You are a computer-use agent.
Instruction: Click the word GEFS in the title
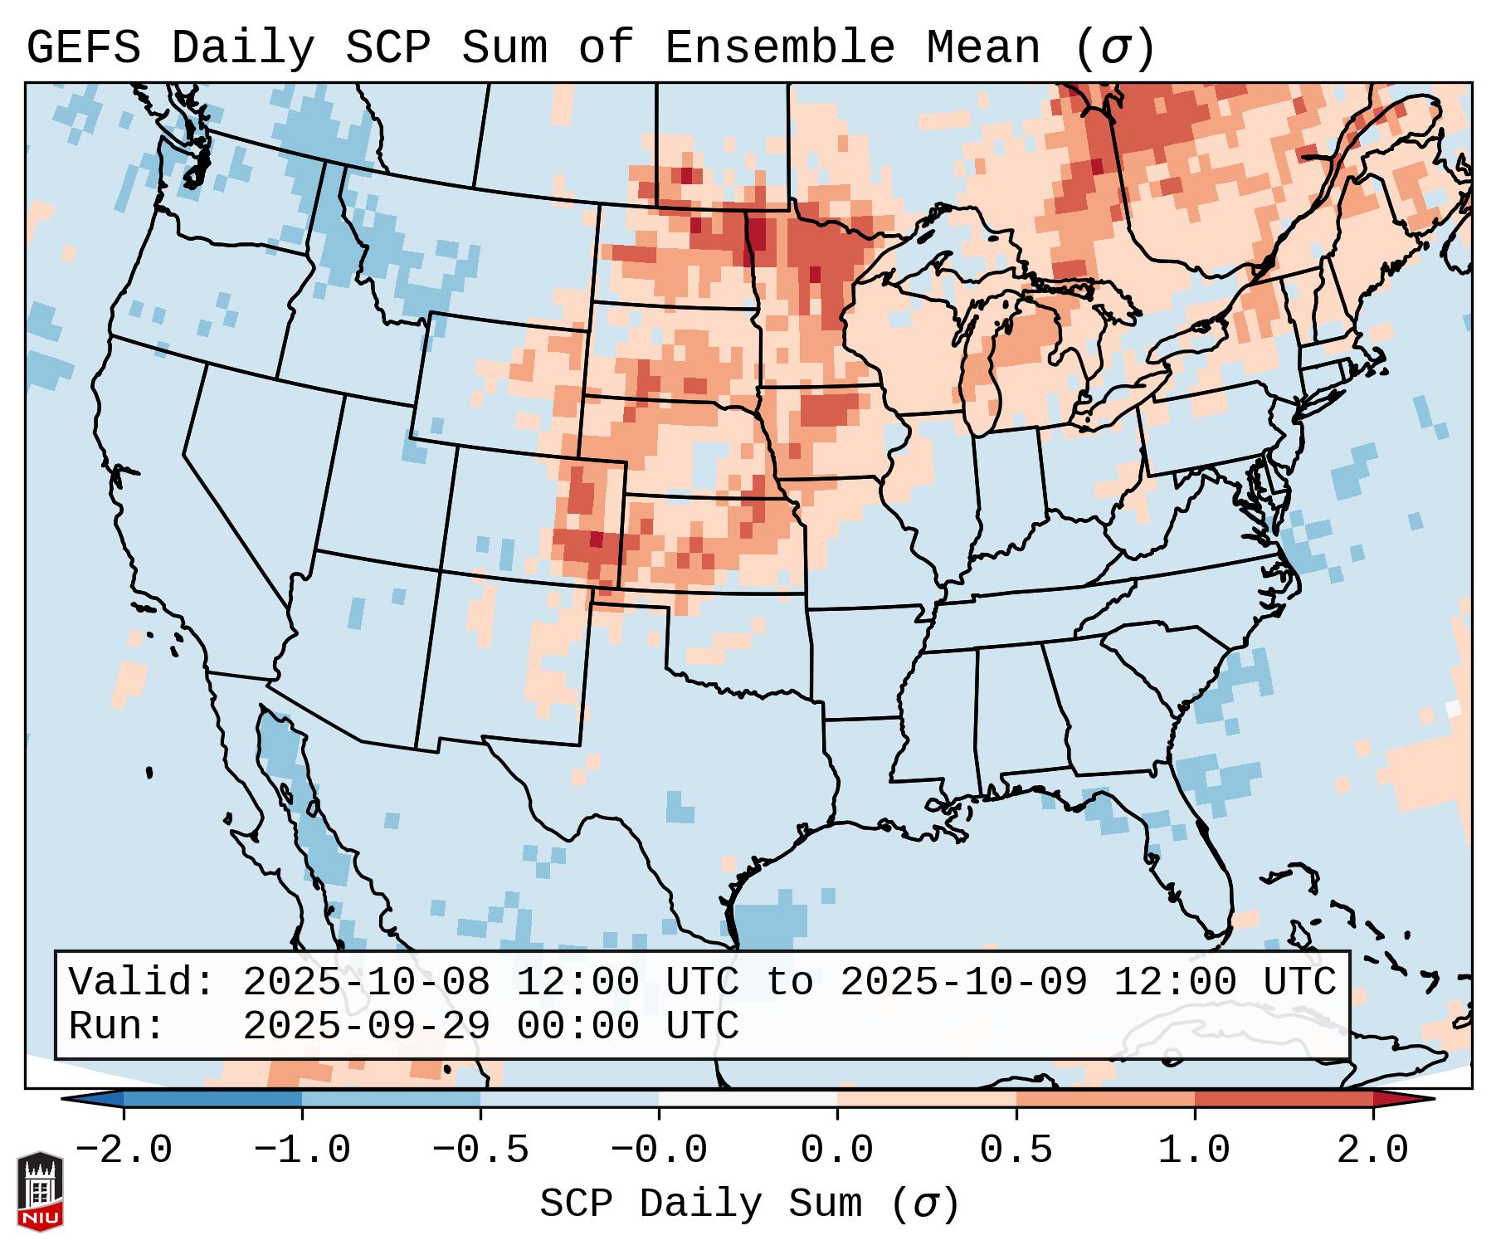point(84,48)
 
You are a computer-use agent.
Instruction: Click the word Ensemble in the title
point(779,48)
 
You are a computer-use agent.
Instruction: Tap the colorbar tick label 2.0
point(1372,1150)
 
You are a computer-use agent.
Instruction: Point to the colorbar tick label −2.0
point(124,1150)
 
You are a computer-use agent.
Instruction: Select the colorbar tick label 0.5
point(1016,1150)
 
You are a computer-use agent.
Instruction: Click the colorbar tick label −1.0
point(302,1150)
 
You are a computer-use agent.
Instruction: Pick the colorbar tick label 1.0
point(1194,1150)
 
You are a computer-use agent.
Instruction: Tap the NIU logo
point(40,1191)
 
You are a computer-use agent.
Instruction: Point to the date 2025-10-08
point(366,982)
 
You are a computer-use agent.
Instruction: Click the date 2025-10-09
point(963,982)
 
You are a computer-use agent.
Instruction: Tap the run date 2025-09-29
point(366,1026)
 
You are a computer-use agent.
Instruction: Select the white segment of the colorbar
point(748,1099)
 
